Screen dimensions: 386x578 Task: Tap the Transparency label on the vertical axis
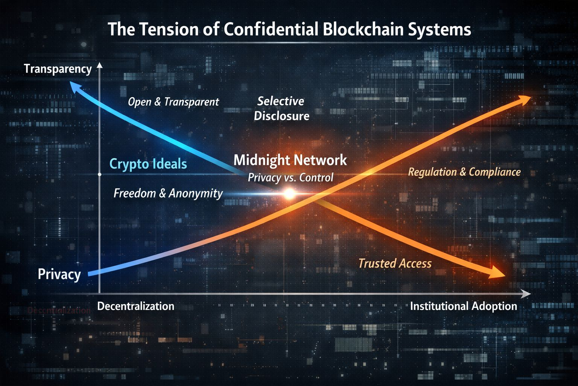[x=58, y=69]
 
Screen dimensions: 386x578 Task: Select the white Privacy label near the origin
[x=59, y=274]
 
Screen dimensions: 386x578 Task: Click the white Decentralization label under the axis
[x=135, y=306]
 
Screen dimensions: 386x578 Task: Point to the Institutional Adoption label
[x=463, y=306]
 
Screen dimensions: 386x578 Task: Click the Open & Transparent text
[x=173, y=102]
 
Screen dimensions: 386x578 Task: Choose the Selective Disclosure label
[x=281, y=109]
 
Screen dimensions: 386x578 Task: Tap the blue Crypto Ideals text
[x=148, y=164]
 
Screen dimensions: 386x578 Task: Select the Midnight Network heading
[x=290, y=160]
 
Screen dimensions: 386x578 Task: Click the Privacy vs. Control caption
[x=290, y=178]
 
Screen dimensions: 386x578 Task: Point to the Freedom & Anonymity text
[x=168, y=193]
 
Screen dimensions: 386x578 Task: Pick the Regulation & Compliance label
[x=464, y=172]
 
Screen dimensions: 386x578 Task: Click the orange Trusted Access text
[x=395, y=263]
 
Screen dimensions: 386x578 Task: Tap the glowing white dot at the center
[x=289, y=194]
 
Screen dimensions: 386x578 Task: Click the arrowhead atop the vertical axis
[x=99, y=66]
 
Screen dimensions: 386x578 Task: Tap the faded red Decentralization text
[x=59, y=311]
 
